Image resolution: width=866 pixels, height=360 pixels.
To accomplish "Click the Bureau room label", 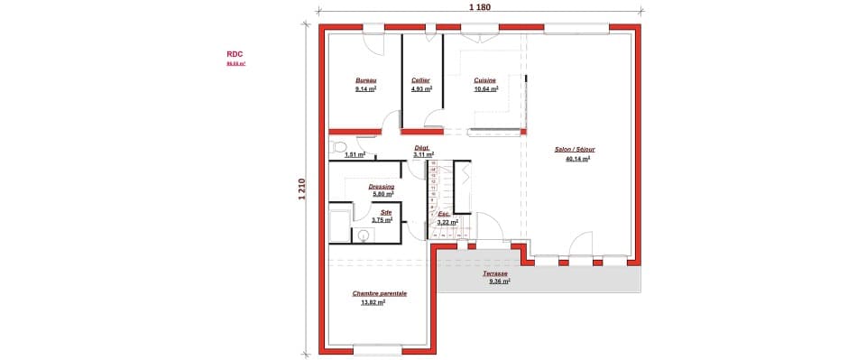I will (365, 80).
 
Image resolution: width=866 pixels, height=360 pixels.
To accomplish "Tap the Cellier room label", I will (420, 80).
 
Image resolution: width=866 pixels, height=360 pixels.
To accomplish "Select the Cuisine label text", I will (485, 80).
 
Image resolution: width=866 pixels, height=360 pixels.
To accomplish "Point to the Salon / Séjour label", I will (574, 150).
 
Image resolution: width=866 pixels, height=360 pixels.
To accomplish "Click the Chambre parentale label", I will (379, 293).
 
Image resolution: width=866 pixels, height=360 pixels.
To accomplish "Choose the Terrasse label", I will (494, 273).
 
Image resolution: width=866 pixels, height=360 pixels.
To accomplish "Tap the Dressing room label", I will (382, 187).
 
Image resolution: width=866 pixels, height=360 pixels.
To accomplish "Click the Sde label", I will (386, 213).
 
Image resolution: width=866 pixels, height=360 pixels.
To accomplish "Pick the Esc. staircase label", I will (444, 214).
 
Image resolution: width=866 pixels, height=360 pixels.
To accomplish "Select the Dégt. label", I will (421, 147).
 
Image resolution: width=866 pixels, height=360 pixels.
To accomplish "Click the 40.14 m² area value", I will (577, 159).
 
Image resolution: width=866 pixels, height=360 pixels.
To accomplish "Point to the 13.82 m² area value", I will (373, 302).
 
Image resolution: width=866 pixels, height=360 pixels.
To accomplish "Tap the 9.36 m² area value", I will (500, 282).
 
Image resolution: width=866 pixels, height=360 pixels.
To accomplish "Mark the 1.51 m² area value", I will (355, 154).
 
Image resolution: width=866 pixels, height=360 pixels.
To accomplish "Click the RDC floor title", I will (235, 54).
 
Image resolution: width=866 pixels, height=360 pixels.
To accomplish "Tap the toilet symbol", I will (338, 146).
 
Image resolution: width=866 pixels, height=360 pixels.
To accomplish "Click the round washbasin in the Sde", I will (364, 235).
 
